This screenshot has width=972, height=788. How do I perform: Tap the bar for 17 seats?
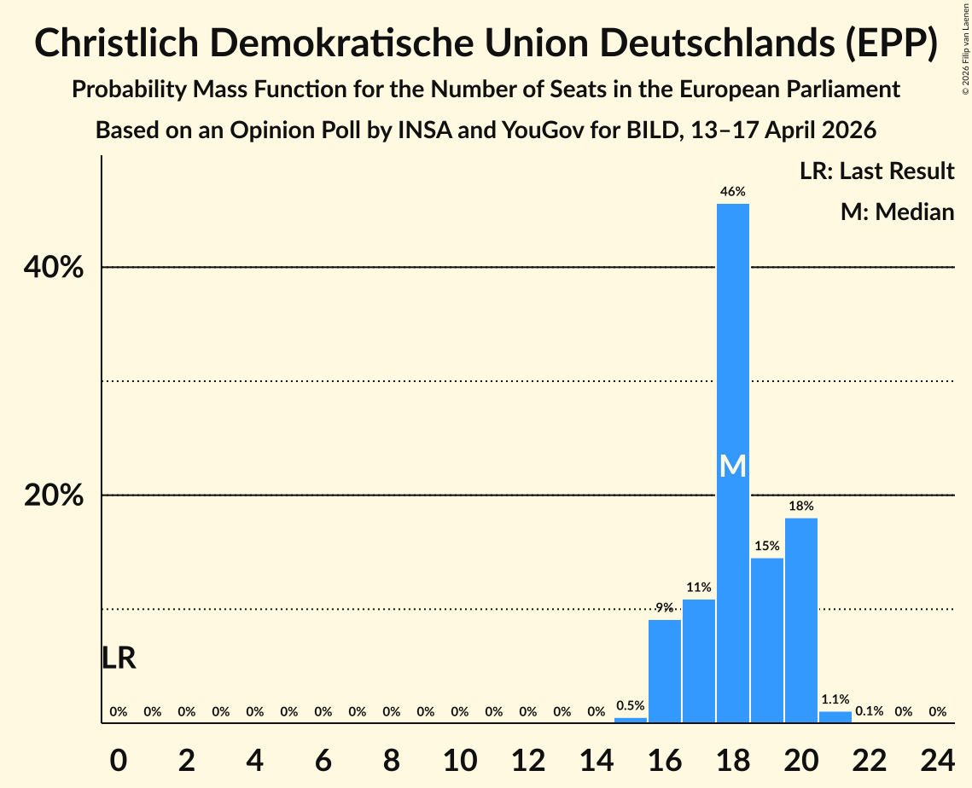point(699,661)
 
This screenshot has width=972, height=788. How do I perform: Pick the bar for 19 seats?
point(767,640)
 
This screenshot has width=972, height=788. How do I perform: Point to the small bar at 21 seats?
point(835,717)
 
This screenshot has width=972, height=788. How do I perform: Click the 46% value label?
point(733,192)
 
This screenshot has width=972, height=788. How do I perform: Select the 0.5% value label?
point(631,706)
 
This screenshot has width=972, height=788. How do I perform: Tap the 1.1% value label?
point(835,699)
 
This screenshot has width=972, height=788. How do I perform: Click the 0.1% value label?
point(870,711)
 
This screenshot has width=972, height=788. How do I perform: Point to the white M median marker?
point(733,466)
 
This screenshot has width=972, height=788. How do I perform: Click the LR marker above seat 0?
point(119,658)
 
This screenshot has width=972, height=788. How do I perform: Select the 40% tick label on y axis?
point(54,268)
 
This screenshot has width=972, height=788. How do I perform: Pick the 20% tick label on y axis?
point(54,495)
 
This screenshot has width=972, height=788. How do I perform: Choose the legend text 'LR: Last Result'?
point(877,171)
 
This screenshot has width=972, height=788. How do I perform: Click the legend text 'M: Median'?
point(897,211)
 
